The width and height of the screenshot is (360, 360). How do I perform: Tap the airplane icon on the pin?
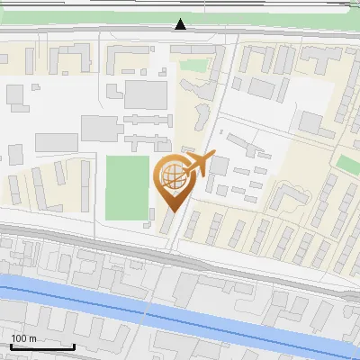196,165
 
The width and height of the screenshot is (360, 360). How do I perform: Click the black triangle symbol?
181,24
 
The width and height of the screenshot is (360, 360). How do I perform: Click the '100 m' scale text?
24,338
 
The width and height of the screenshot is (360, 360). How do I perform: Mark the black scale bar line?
42,346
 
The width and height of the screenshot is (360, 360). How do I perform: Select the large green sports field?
127,187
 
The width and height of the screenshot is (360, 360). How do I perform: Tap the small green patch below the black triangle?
192,65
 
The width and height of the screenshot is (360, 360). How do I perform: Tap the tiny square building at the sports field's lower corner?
149,221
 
